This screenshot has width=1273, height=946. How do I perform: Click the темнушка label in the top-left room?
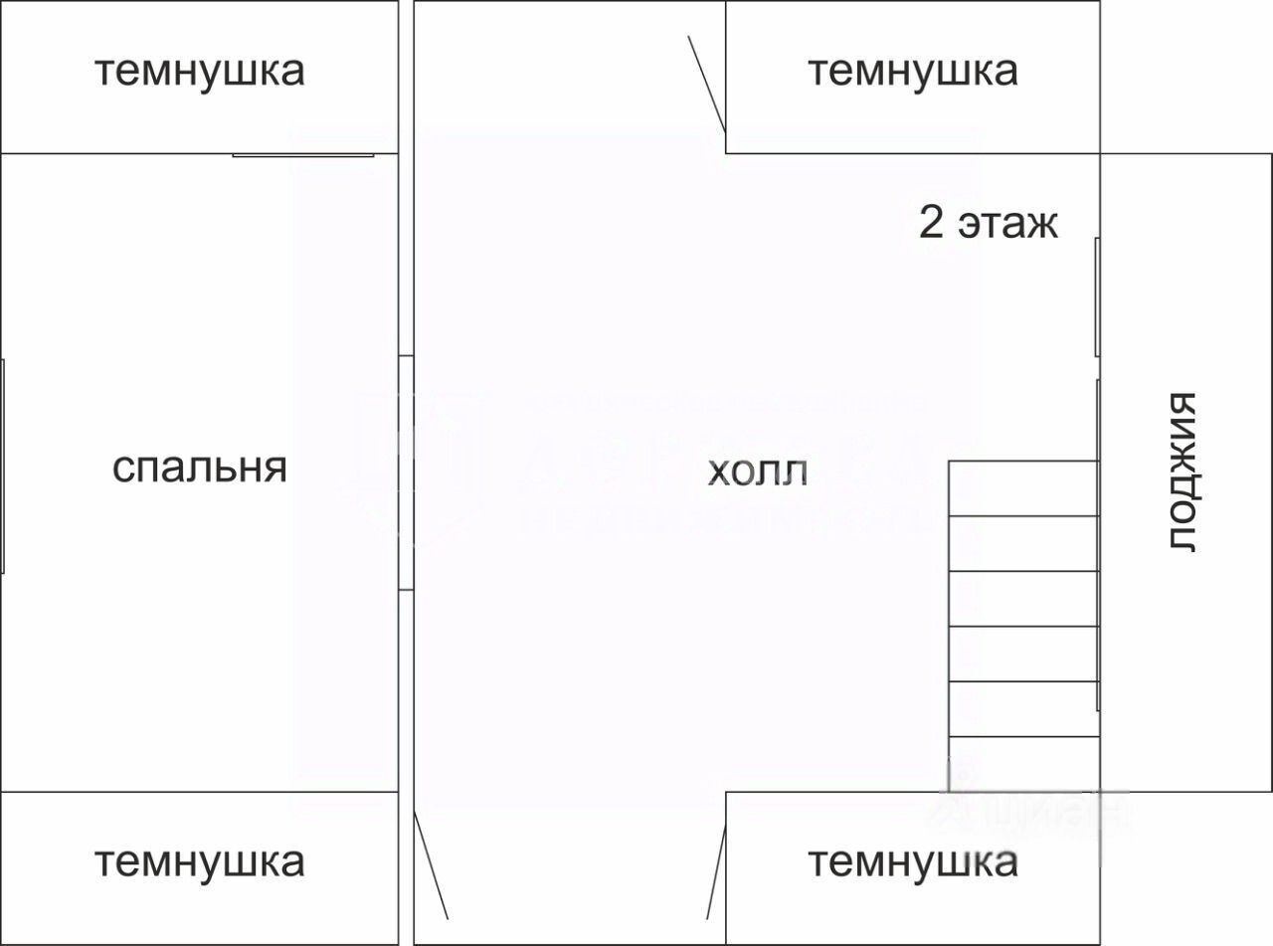(199, 72)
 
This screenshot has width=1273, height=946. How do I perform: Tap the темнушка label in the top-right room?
(912, 72)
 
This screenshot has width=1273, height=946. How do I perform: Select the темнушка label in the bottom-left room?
(199, 861)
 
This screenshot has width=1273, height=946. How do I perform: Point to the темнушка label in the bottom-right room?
(912, 861)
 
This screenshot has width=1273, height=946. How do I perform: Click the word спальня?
(199, 468)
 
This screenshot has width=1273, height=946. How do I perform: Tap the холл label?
(757, 473)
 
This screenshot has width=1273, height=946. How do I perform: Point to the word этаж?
(1007, 225)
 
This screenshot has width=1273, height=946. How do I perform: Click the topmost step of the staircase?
(1023, 488)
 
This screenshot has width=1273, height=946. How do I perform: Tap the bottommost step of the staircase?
(1023, 764)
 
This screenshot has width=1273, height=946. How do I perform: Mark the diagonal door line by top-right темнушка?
(707, 84)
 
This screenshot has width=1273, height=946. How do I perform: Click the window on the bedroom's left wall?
(3, 467)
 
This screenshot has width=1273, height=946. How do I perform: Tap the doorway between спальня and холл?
(406, 473)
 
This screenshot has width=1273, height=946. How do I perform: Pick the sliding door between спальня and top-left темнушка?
(303, 155)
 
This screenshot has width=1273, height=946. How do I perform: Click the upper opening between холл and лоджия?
(1097, 297)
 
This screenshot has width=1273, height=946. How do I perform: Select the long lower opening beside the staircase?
(1098, 545)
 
